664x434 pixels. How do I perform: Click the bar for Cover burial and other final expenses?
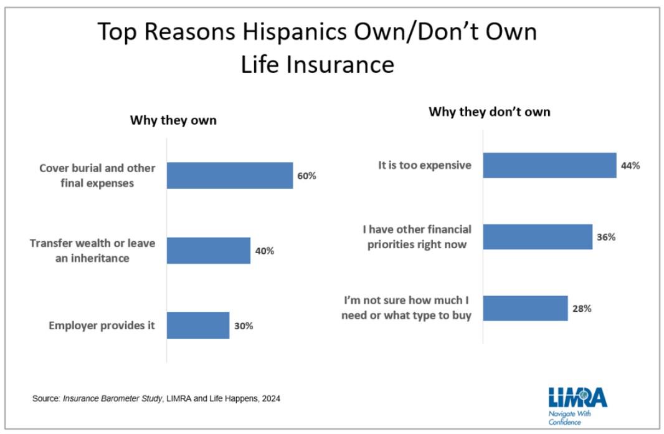coord(229,176)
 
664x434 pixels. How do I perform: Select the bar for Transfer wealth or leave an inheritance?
coord(208,251)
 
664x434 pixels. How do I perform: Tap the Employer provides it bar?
coord(197,325)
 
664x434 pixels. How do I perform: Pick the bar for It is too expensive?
coord(549,166)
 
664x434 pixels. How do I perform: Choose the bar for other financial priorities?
coord(538,237)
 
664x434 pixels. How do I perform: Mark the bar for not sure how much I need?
coord(525,308)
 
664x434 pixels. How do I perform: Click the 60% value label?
coord(306,176)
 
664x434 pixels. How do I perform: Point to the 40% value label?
coord(264,251)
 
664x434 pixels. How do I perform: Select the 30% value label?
coord(244,325)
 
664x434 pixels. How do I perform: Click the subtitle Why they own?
coord(173,120)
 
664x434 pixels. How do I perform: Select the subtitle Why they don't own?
coord(490,112)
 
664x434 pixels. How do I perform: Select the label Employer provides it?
coord(102,325)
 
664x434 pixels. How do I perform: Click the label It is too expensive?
coord(425,166)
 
